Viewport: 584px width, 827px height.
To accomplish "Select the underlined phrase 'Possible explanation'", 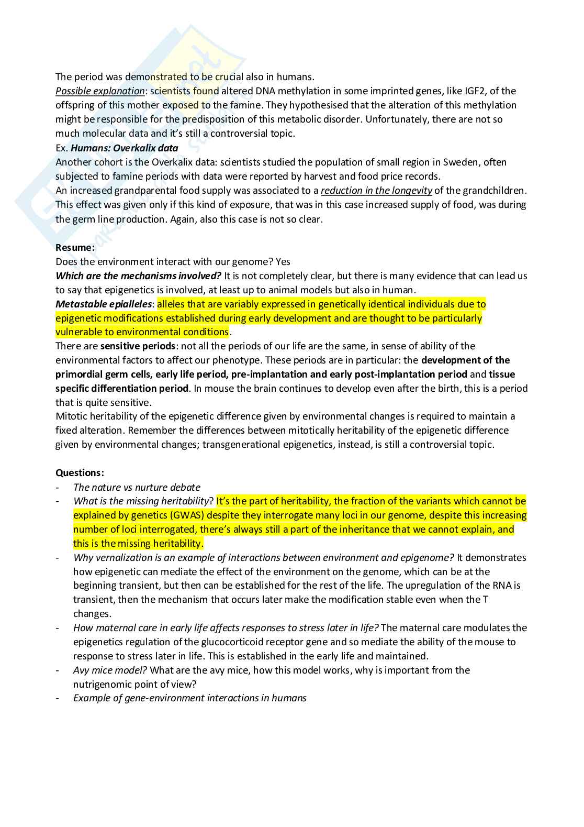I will coord(100,91).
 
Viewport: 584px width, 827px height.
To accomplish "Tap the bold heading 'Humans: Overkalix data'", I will coord(125,148).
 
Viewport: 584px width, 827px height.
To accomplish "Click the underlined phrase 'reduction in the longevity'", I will coord(376,191).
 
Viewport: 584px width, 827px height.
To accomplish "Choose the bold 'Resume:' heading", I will coord(75,248).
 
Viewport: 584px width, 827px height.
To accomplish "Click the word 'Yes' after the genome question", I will coord(283,262).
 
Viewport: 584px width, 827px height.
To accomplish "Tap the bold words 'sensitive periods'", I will coord(138,346).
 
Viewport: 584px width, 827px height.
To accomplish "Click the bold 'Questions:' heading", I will coord(80,473).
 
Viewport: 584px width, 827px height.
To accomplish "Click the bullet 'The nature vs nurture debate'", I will coord(137,488).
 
